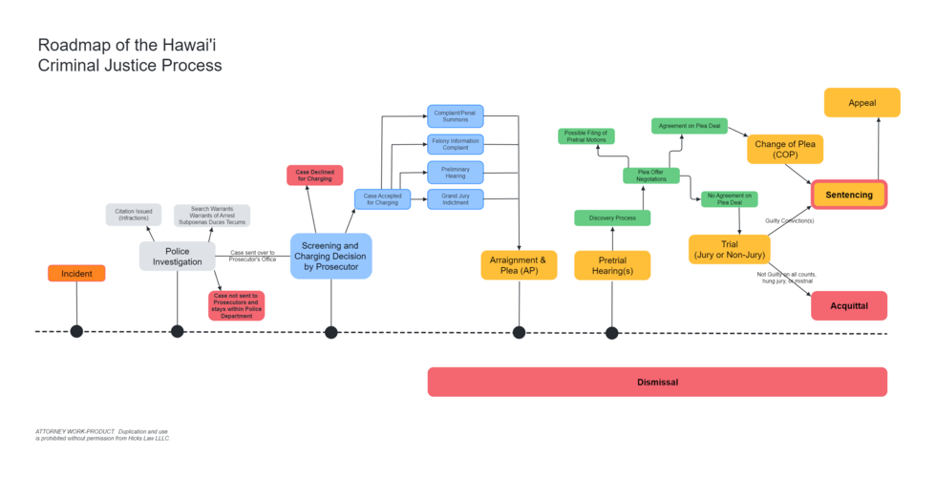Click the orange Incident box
pyautogui.click(x=76, y=274)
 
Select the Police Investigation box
pyautogui.click(x=177, y=256)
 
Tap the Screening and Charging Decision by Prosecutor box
pyautogui.click(x=330, y=256)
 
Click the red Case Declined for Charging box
pyautogui.click(x=315, y=176)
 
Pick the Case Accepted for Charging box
pyautogui.click(x=382, y=199)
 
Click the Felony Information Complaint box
pyautogui.click(x=455, y=144)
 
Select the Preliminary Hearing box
pyautogui.click(x=455, y=172)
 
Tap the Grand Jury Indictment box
pyautogui.click(x=455, y=199)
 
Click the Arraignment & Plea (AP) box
pyautogui.click(x=519, y=265)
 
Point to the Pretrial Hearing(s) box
pyautogui.click(x=612, y=265)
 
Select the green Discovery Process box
pyautogui.click(x=612, y=218)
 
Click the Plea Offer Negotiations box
pyautogui.click(x=651, y=176)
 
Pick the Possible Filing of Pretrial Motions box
pyautogui.click(x=586, y=136)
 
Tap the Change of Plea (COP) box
pyautogui.click(x=784, y=149)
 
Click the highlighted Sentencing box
pyautogui.click(x=849, y=195)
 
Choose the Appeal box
pyautogui.click(x=862, y=103)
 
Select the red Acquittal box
pyautogui.click(x=849, y=306)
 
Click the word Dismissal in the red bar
pyautogui.click(x=657, y=383)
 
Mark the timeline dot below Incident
pyautogui.click(x=76, y=332)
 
